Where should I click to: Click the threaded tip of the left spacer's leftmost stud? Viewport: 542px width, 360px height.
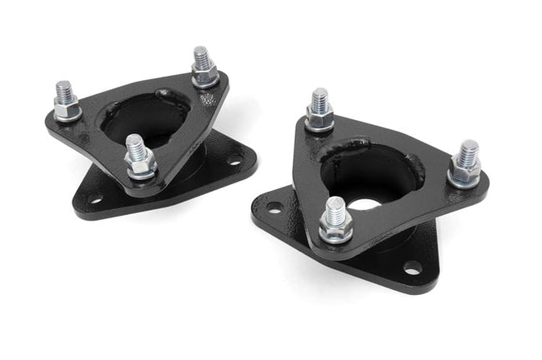pos(63,88)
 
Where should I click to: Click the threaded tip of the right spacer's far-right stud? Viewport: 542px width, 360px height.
pos(469,149)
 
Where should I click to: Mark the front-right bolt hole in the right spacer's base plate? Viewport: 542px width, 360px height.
pos(412,267)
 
